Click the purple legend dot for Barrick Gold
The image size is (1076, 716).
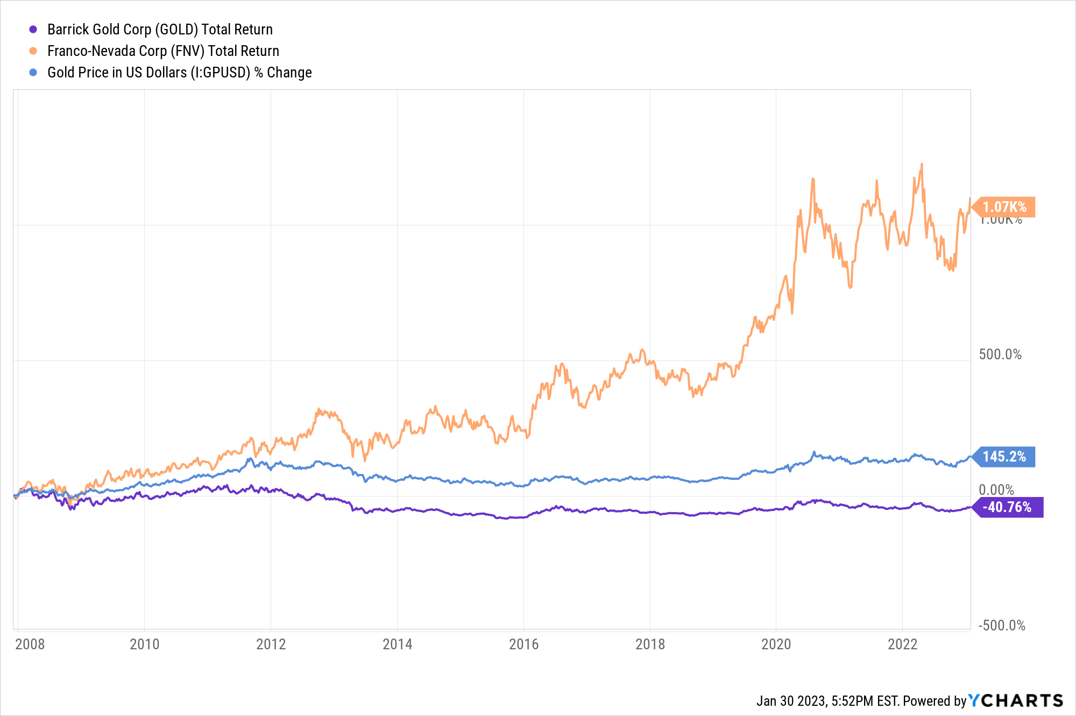click(33, 30)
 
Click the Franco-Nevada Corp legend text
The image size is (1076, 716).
click(163, 51)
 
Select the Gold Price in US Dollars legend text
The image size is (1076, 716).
click(179, 73)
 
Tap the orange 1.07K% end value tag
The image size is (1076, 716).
click(1004, 207)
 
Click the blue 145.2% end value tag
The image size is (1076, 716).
click(1004, 457)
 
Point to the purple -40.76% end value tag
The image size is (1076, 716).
click(1007, 507)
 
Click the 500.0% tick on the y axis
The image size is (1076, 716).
click(1000, 355)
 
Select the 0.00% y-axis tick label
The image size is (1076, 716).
click(996, 490)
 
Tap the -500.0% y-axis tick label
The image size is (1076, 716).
click(1001, 626)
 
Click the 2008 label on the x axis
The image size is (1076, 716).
click(30, 644)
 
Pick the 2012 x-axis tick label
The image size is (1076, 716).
click(271, 644)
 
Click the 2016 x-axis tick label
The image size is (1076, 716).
click(523, 644)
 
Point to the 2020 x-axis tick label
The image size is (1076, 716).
click(776, 644)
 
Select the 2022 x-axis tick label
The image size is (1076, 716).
click(902, 644)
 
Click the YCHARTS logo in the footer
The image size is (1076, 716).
click(1016, 700)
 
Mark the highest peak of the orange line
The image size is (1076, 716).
click(922, 165)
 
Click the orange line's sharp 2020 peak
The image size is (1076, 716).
click(812, 179)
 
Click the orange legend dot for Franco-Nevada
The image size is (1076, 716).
click(33, 51)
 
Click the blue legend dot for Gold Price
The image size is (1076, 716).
click(33, 73)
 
